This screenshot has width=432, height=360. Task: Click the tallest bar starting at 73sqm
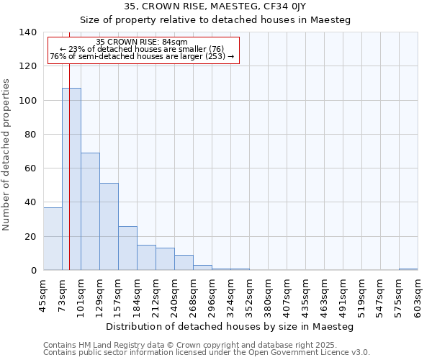pyautogui.click(x=71, y=179)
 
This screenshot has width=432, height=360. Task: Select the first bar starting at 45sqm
pyautogui.click(x=53, y=238)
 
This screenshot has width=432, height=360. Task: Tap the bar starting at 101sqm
pyautogui.click(x=90, y=212)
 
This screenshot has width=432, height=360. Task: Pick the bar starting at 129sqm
pyautogui.click(x=109, y=227)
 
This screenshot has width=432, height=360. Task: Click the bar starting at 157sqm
pyautogui.click(x=127, y=248)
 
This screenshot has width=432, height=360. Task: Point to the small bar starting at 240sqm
pyautogui.click(x=184, y=263)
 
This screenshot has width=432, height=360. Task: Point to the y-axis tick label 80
pyautogui.click(x=30, y=135)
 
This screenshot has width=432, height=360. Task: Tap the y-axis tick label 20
pyautogui.click(x=30, y=237)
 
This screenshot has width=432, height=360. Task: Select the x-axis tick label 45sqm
pyautogui.click(x=43, y=293)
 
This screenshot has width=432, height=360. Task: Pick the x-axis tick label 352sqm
pyautogui.click(x=249, y=295)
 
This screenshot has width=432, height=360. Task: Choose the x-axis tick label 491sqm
pyautogui.click(x=343, y=295)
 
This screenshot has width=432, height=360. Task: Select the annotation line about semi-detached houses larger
pyautogui.click(x=142, y=56)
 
